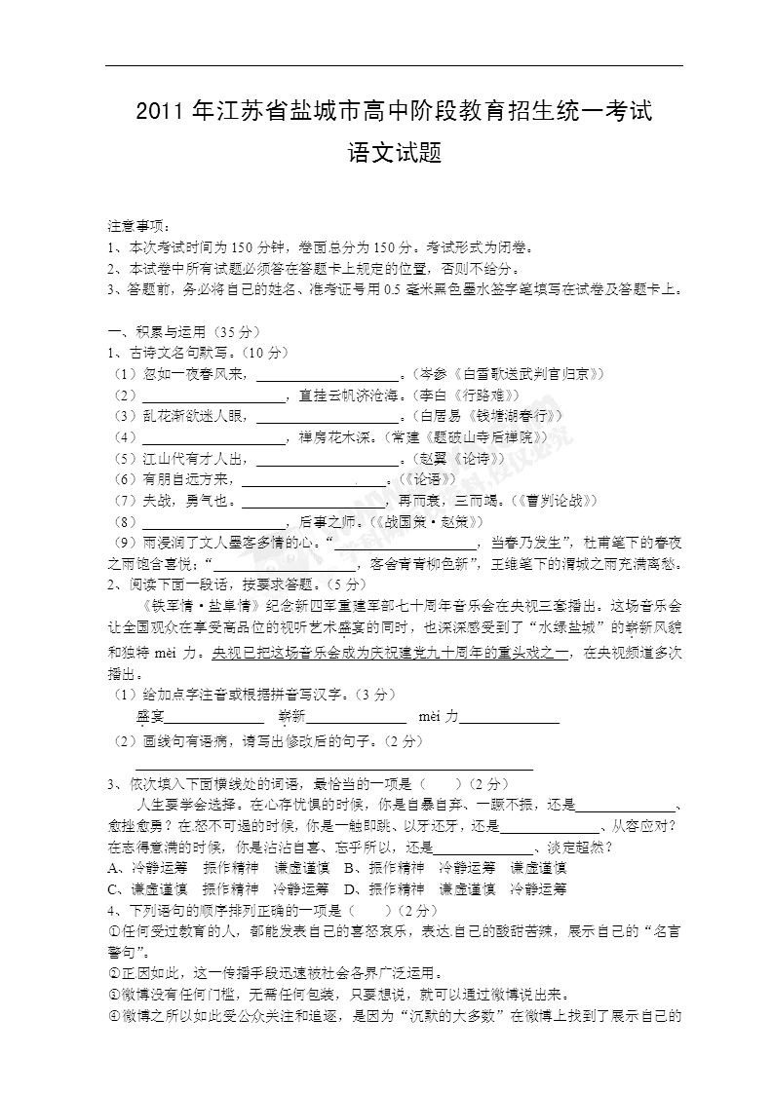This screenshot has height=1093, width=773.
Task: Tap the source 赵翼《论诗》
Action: (x=461, y=458)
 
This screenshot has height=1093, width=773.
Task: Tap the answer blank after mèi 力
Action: (x=510, y=718)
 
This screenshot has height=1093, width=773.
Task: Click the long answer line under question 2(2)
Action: (x=333, y=767)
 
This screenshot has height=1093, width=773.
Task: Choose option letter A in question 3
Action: (x=113, y=867)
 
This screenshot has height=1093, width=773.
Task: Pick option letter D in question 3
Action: (x=349, y=888)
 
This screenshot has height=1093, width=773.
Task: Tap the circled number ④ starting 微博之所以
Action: (x=113, y=1016)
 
